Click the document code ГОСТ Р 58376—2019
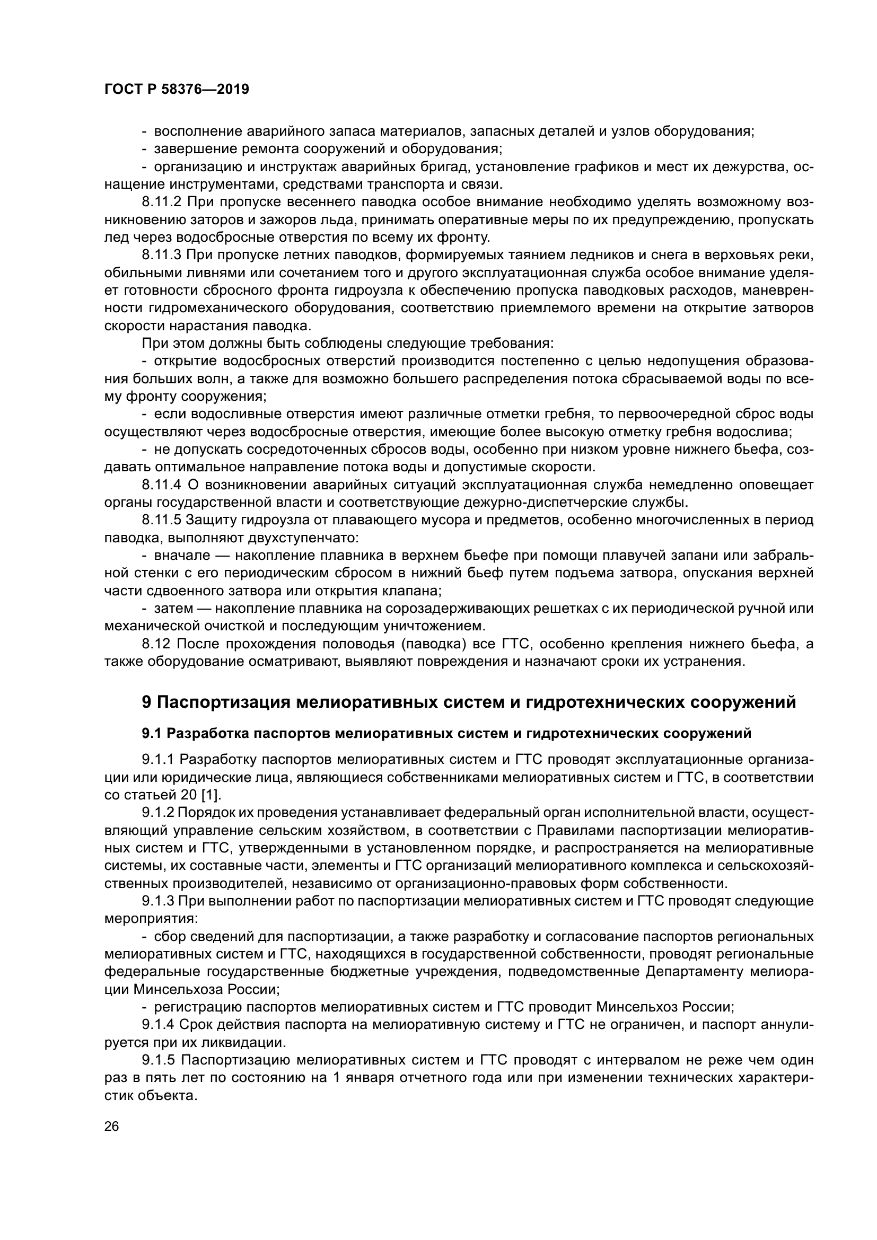click(177, 89)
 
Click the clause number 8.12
click(156, 644)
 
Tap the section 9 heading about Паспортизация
click(469, 702)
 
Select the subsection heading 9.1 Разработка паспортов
click(446, 733)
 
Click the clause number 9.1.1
click(157, 759)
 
